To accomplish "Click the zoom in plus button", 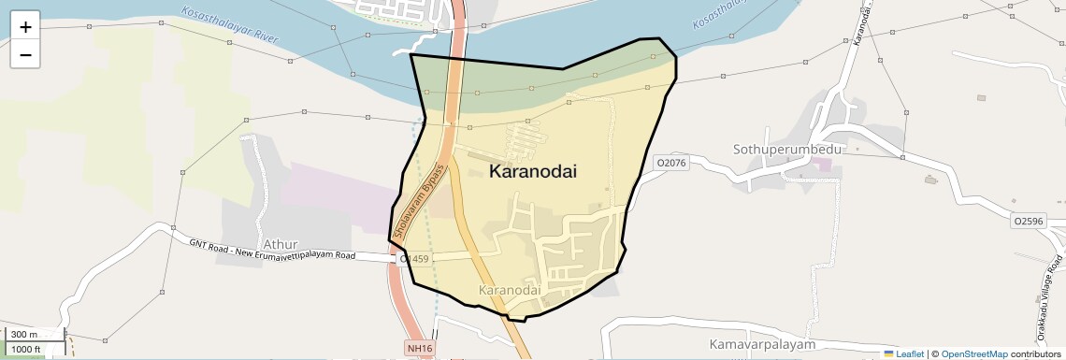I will pos(25,26).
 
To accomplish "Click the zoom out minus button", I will pos(25,54).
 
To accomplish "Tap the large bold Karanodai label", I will pos(533,172).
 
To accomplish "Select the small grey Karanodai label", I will pos(510,291).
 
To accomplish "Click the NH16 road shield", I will pos(420,348).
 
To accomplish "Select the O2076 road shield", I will pos(670,163).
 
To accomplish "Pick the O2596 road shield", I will pos(1028,221).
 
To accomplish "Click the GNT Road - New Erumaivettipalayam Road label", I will pos(271,249).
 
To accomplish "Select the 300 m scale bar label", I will pos(25,335).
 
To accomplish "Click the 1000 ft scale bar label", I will pos(27,349).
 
